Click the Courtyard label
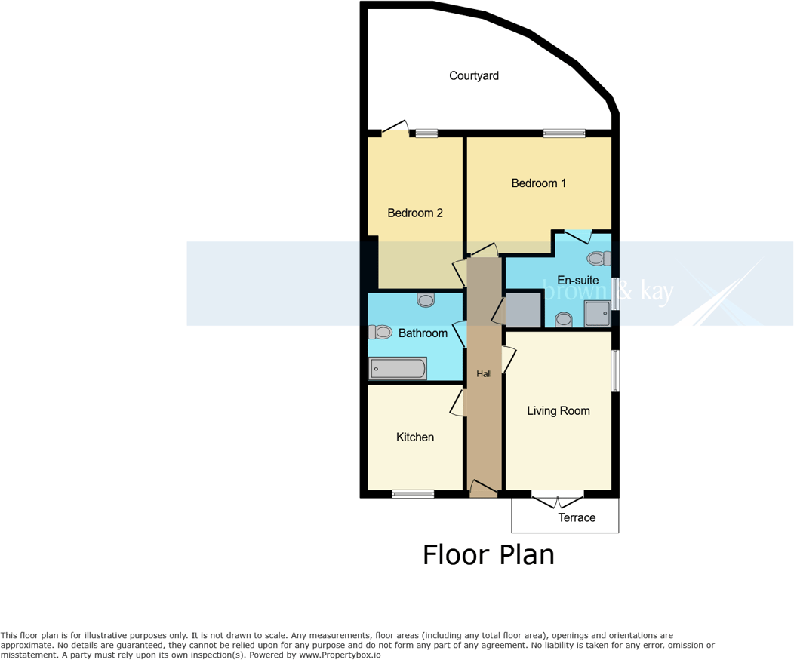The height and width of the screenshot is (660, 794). point(474,75)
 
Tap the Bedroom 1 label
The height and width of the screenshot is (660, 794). point(538,183)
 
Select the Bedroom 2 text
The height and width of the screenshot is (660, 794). point(414,213)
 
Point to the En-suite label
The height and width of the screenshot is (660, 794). point(577,280)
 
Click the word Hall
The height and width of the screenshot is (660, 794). point(484,373)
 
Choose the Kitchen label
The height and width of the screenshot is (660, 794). point(415,437)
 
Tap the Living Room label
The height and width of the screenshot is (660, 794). point(558,410)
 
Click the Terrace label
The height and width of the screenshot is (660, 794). point(577,517)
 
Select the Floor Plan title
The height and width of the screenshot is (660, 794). point(488,554)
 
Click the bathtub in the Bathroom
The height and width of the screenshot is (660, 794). point(398,368)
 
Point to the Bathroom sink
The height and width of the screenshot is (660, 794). point(426,299)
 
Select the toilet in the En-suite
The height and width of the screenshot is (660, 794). point(599,259)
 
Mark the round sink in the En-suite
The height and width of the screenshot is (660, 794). point(563,320)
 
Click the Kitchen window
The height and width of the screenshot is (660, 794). point(413,494)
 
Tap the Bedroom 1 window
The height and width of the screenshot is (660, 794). point(564,134)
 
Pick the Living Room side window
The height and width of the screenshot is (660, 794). point(616,370)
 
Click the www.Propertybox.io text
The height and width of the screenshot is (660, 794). point(340,655)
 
